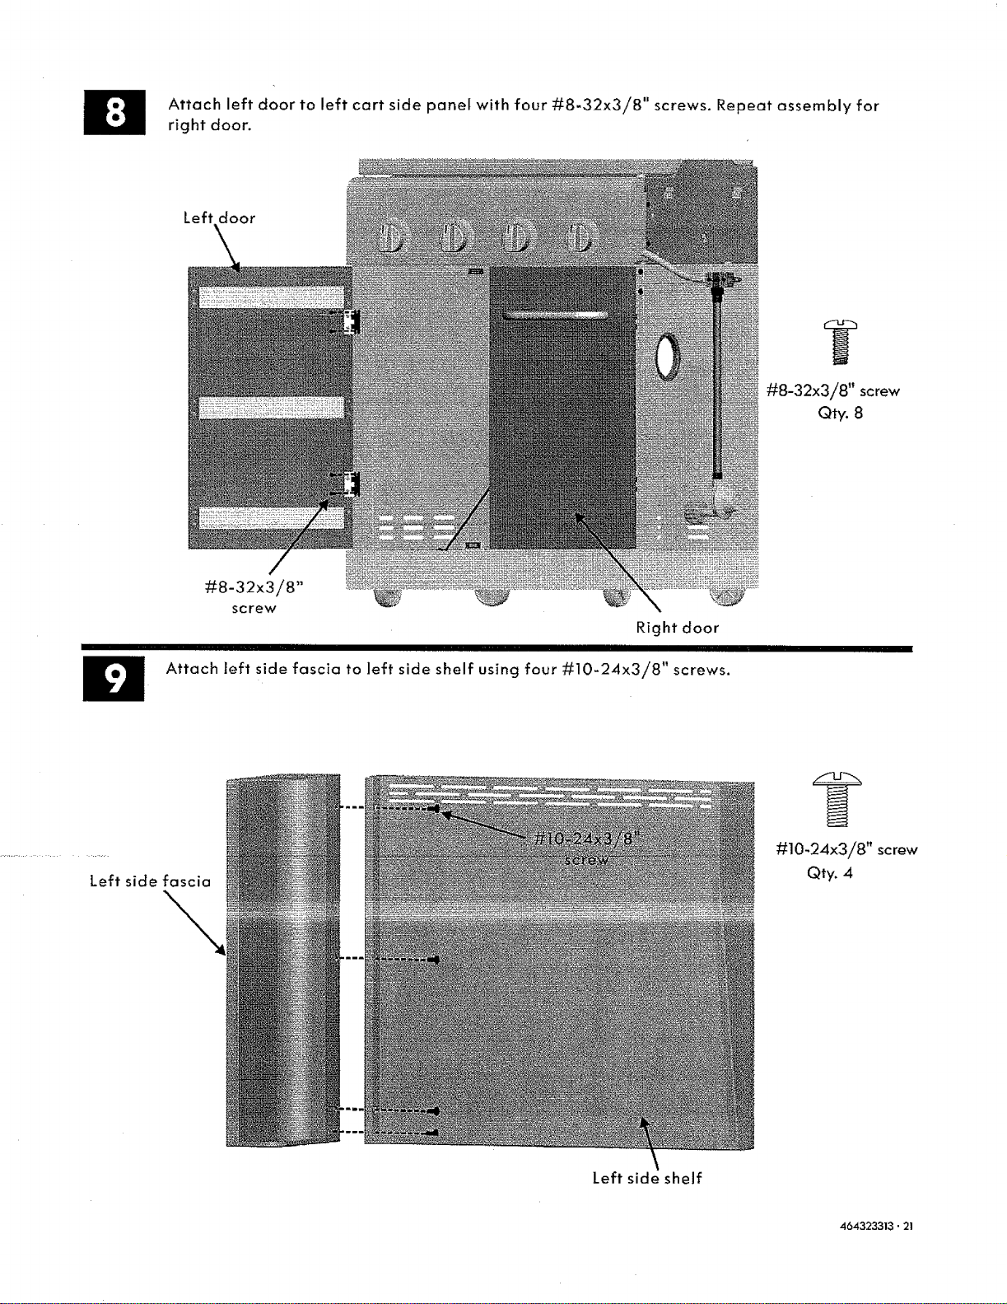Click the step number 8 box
114,112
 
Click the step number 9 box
114,679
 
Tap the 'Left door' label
219,217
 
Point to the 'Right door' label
677,628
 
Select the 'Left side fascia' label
150,881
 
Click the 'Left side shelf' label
647,1178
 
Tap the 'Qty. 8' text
841,413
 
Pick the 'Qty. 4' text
829,872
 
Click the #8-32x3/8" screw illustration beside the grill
841,342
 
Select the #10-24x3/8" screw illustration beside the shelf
837,799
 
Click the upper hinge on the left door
347,322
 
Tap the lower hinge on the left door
347,484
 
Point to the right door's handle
556,315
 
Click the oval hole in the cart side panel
668,357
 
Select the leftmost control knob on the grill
392,236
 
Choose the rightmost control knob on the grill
580,236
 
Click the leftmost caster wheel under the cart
388,597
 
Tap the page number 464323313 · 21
875,1227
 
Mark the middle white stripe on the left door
271,408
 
